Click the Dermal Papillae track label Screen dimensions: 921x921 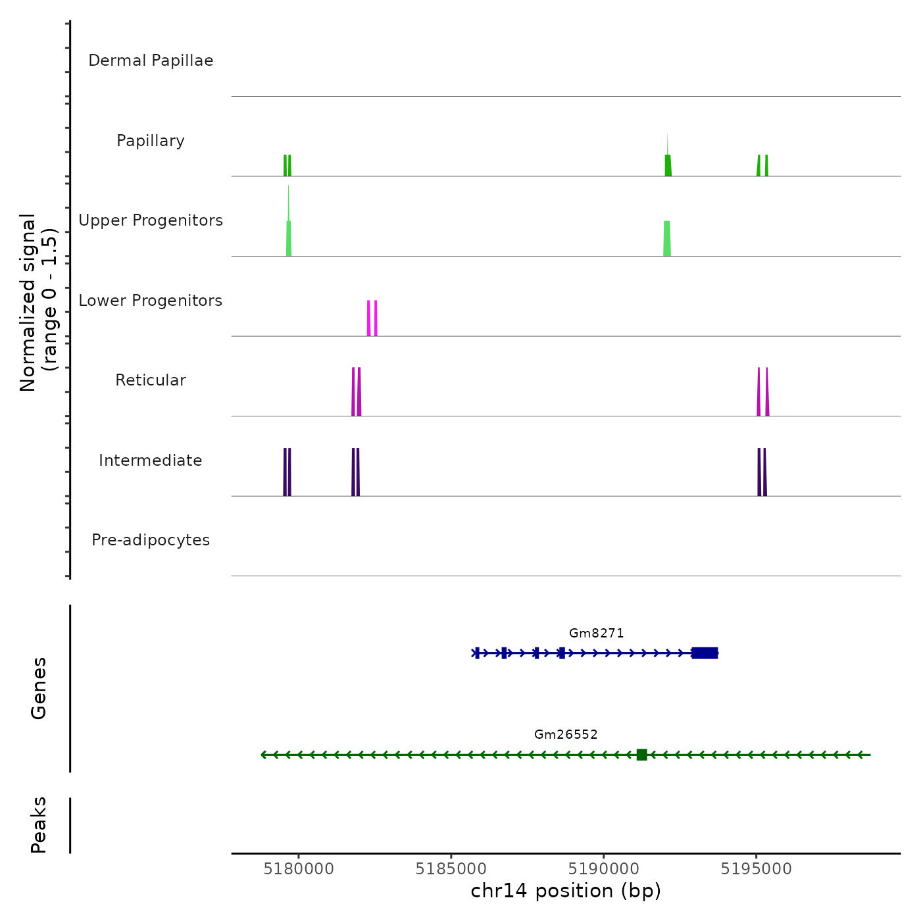tap(151, 61)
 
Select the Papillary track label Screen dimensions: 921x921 tap(151, 141)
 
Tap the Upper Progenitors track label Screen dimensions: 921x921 tap(151, 220)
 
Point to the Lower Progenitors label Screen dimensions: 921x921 tap(151, 301)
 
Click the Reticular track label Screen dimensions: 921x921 tap(151, 380)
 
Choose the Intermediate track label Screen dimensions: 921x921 tap(151, 460)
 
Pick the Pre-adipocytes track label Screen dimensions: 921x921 tap(151, 540)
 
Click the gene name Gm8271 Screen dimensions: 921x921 tap(596, 633)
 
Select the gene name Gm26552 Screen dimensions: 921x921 tap(566, 734)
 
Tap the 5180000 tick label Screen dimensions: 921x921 tap(299, 869)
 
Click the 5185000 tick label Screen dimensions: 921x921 tap(451, 869)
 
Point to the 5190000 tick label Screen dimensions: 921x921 tap(604, 869)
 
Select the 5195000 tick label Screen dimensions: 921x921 tap(756, 869)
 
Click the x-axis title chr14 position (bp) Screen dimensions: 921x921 tap(566, 891)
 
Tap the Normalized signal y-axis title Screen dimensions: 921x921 tap(38, 303)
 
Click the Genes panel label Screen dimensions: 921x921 tap(39, 688)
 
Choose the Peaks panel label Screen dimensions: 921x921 tap(39, 825)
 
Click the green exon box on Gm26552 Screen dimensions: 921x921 tap(642, 755)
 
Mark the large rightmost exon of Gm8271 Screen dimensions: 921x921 tap(705, 653)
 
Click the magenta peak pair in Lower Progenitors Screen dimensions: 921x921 tap(372, 318)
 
